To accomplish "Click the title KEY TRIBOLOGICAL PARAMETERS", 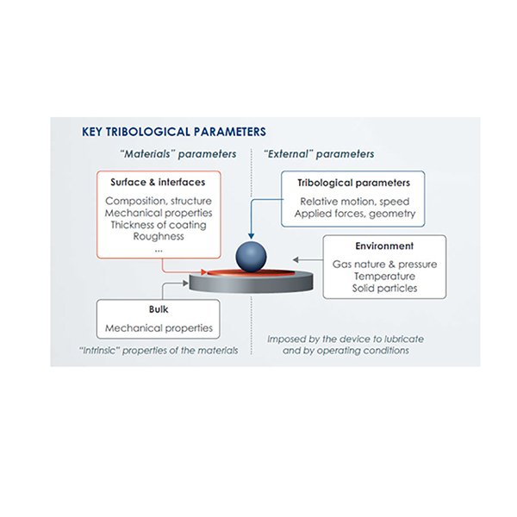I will click(x=173, y=132).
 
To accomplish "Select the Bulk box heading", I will click(x=158, y=312).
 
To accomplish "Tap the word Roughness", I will click(x=159, y=237).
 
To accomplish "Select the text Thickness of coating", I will click(x=159, y=225).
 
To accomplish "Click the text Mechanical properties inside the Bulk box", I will click(x=158, y=328).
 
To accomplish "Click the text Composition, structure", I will click(x=159, y=201).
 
